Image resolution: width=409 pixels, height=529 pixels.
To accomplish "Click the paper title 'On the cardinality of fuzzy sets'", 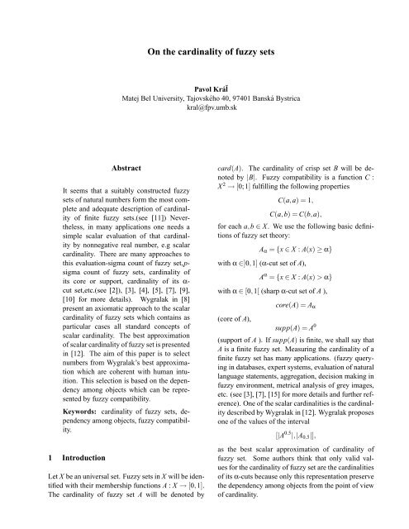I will (x=204, y=50).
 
